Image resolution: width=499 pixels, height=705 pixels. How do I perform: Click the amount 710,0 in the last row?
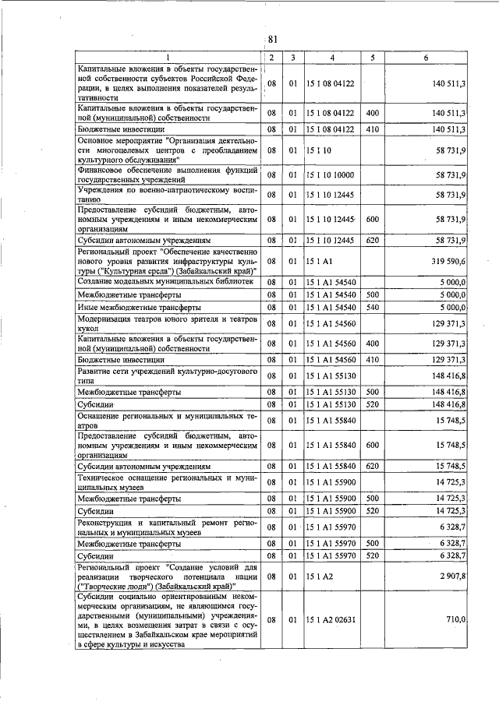[455, 619]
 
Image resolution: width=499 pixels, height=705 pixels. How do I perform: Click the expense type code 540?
[372, 308]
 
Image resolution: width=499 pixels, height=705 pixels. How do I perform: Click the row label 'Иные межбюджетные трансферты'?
[134, 308]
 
